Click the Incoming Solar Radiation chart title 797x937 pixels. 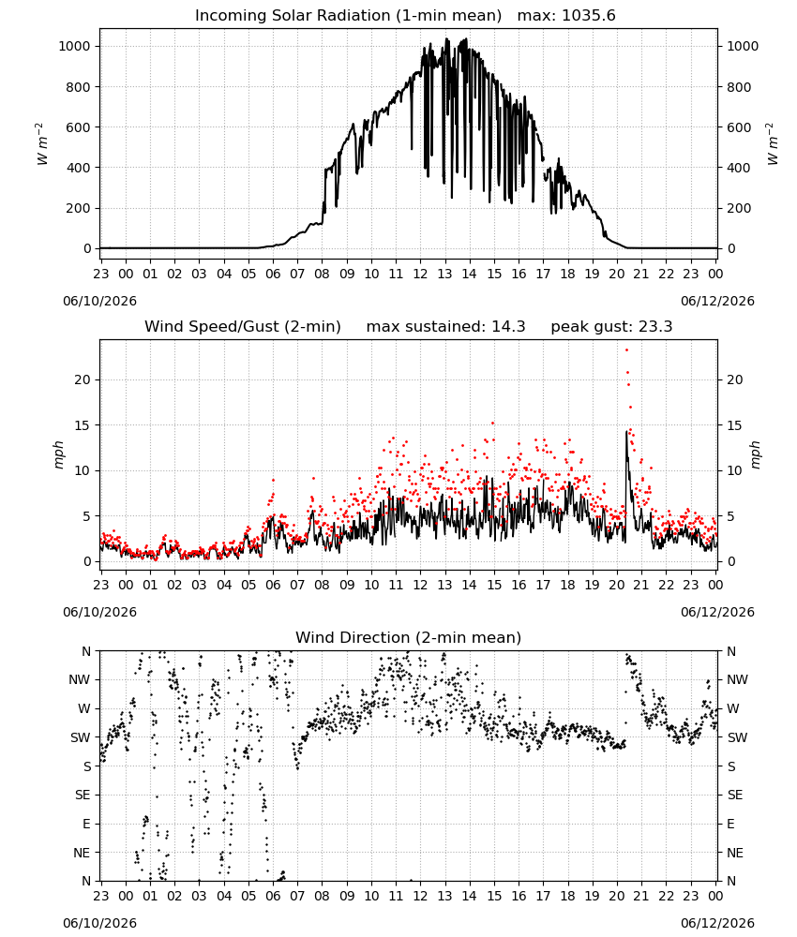[x=348, y=16]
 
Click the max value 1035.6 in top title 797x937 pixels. [x=589, y=16]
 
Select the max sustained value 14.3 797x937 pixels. [x=508, y=327]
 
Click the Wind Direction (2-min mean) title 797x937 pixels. [x=409, y=637]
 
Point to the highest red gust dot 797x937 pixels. [x=626, y=350]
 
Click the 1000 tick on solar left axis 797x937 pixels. [x=75, y=47]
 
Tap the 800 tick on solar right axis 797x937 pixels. [x=739, y=87]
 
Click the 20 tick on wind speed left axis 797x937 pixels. [x=83, y=380]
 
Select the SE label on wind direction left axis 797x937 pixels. [x=83, y=796]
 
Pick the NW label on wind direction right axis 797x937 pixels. [x=737, y=680]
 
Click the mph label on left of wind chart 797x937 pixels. [x=58, y=454]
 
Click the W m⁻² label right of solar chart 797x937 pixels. [x=773, y=144]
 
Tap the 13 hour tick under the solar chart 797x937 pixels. [x=444, y=274]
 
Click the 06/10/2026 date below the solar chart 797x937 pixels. [x=99, y=301]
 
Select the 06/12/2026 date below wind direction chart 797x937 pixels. [x=717, y=923]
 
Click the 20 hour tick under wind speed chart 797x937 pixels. [x=616, y=585]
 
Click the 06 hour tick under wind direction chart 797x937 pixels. [x=273, y=897]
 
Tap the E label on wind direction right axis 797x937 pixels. [x=730, y=824]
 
